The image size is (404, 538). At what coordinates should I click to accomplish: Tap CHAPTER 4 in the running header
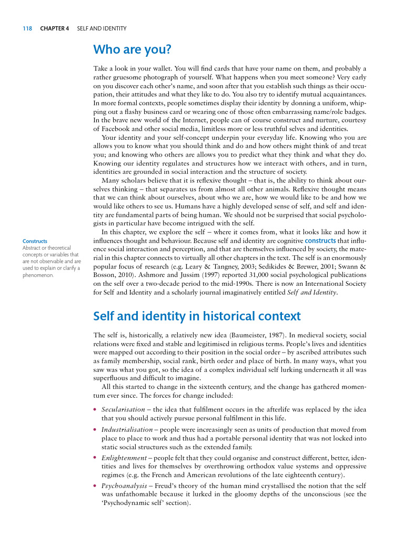pyautogui.click(x=55, y=28)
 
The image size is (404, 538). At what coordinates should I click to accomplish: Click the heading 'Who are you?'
pyautogui.click(x=132, y=50)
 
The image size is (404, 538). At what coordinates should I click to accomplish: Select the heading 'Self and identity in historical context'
pyautogui.click(x=197, y=316)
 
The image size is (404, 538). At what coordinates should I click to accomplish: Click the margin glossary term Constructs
pyautogui.click(x=35, y=241)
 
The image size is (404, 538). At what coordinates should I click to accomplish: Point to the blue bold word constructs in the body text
pyautogui.click(x=320, y=241)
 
